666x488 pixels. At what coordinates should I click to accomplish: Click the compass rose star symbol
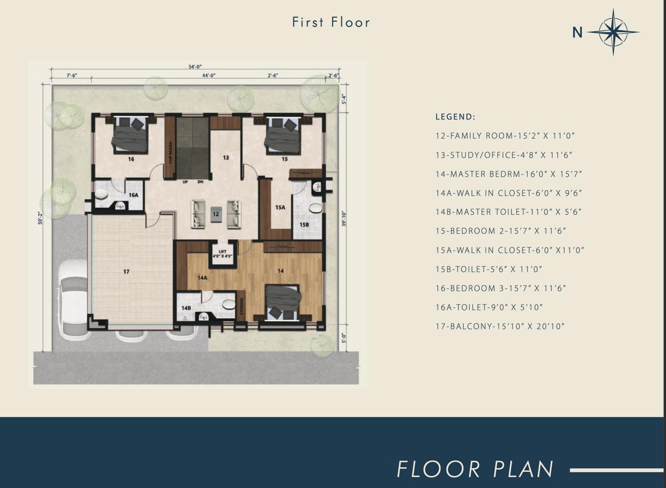[613, 32]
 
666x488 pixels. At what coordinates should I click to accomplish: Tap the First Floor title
[331, 22]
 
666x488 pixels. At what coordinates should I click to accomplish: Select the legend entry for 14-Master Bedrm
[508, 174]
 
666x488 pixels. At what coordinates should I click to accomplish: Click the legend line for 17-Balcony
[499, 326]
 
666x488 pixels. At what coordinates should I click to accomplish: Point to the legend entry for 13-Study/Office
[504, 155]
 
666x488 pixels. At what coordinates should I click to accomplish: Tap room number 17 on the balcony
[126, 272]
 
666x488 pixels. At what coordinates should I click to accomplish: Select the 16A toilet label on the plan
[134, 195]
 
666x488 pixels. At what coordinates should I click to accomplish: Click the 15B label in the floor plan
[304, 225]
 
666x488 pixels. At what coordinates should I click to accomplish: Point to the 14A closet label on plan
[202, 278]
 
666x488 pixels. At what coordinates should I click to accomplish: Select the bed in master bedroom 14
[283, 302]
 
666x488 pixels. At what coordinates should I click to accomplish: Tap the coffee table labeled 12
[216, 214]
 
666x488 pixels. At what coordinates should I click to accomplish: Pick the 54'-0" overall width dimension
[195, 67]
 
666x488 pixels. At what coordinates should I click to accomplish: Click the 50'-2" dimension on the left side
[40, 218]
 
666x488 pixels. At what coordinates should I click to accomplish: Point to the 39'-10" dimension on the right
[343, 219]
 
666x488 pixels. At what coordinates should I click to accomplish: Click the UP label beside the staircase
[185, 182]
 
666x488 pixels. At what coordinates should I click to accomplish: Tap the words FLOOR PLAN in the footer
[475, 469]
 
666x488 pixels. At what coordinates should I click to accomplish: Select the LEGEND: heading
[455, 117]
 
